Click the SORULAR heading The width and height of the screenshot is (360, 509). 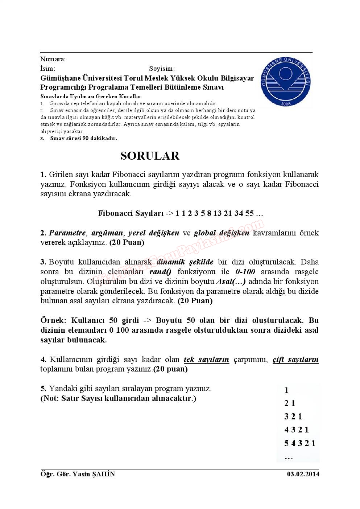click(150, 156)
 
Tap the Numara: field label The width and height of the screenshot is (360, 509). click(53, 59)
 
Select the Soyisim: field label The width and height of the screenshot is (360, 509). click(162, 69)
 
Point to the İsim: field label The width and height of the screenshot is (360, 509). click(47, 69)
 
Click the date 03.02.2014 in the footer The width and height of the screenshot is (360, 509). click(303, 474)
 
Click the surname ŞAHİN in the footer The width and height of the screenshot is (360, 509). click(104, 474)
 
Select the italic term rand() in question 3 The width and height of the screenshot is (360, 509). click(160, 272)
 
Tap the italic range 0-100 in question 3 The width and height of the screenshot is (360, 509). click(245, 272)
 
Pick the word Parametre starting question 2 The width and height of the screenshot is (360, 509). click(67, 233)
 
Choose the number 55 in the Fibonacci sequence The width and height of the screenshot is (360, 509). click(249, 213)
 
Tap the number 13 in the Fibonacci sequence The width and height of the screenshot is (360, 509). click(218, 213)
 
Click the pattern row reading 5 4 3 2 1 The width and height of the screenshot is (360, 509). click(300, 443)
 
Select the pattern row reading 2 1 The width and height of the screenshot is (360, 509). click(290, 403)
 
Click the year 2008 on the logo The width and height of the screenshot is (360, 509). click(286, 104)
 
